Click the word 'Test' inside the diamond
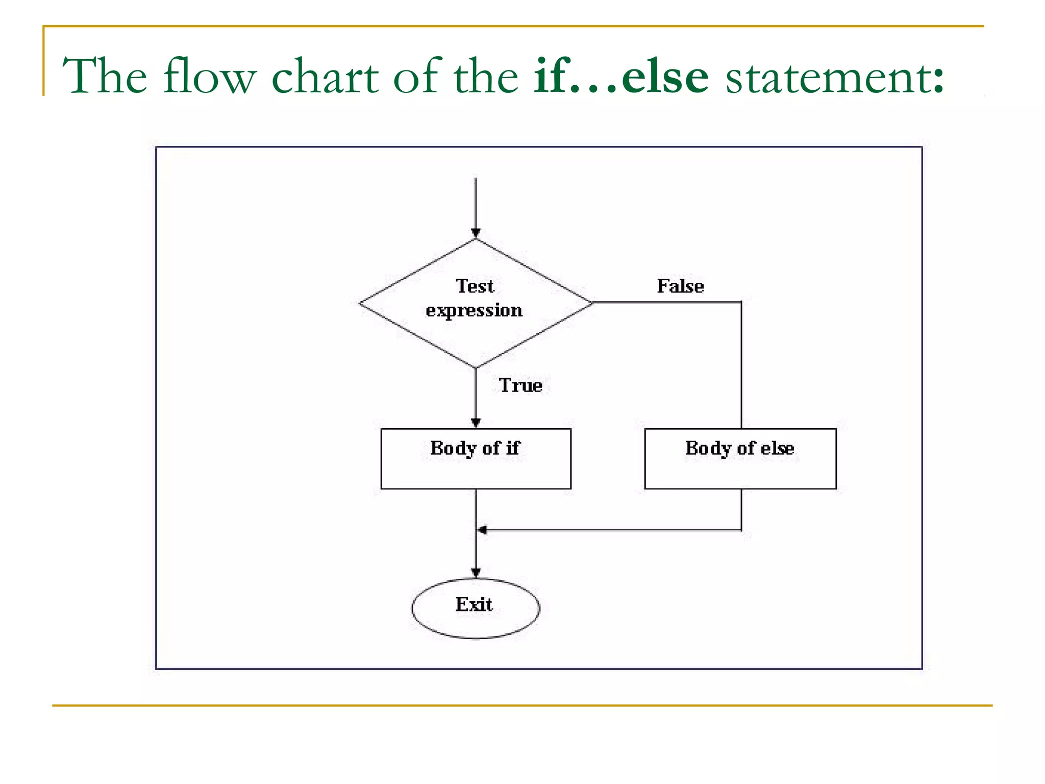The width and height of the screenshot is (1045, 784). pyautogui.click(x=475, y=286)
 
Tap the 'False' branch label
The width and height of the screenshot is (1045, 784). pyautogui.click(x=680, y=286)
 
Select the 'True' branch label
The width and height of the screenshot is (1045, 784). pyautogui.click(x=520, y=385)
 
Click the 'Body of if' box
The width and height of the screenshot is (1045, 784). pyautogui.click(x=476, y=459)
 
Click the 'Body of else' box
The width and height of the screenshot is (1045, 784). pyautogui.click(x=740, y=459)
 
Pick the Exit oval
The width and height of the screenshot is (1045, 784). pyautogui.click(x=476, y=608)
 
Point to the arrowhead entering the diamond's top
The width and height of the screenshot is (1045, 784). pyautogui.click(x=476, y=234)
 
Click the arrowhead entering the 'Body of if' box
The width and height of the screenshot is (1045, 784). pyautogui.click(x=476, y=423)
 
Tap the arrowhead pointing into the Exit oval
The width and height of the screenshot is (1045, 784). pyautogui.click(x=476, y=573)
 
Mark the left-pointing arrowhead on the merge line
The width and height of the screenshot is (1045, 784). pyautogui.click(x=482, y=530)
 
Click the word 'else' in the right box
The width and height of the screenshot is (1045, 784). pyautogui.click(x=777, y=448)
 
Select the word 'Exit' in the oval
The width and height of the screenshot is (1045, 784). pyautogui.click(x=474, y=605)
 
